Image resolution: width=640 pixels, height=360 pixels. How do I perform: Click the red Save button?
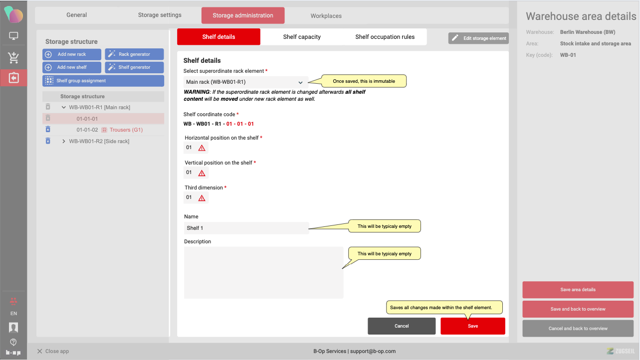click(x=472, y=326)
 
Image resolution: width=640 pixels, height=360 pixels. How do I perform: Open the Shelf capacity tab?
click(x=302, y=37)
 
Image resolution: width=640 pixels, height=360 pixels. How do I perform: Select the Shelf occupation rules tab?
click(x=385, y=37)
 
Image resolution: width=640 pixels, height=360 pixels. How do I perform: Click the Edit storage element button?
click(x=478, y=38)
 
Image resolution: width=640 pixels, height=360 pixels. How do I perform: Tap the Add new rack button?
click(x=72, y=54)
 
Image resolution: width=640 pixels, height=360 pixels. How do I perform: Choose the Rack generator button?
click(x=134, y=54)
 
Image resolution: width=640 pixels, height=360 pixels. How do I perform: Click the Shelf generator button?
click(x=134, y=67)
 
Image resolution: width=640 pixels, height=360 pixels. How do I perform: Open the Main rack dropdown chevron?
click(x=300, y=82)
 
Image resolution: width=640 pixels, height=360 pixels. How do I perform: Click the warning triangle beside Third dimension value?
click(x=202, y=198)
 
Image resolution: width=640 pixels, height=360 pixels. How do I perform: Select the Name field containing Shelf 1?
click(x=246, y=228)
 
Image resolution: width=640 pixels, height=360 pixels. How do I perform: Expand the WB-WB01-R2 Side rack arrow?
click(x=64, y=141)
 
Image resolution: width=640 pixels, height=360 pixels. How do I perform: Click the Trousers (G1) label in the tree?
click(x=126, y=130)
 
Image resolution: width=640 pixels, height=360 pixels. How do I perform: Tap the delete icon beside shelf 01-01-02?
click(x=48, y=129)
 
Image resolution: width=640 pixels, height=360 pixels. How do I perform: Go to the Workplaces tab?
click(x=326, y=16)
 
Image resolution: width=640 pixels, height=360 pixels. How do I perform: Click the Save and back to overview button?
click(x=578, y=309)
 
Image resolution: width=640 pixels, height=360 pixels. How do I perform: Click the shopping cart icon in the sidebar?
click(x=13, y=58)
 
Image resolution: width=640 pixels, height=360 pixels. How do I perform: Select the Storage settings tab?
click(x=160, y=15)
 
